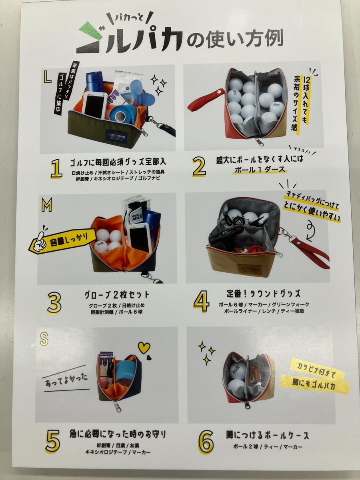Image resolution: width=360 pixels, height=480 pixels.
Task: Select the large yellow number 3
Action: click(54, 304)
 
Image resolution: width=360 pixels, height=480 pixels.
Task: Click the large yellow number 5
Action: click(53, 441)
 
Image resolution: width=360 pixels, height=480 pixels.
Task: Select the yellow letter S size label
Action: click(44, 339)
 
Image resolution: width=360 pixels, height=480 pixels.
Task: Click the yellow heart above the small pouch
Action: click(144, 347)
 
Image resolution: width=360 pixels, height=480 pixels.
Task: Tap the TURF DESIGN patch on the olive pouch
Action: click(116, 135)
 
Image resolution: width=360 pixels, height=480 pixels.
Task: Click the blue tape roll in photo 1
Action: click(119, 116)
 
